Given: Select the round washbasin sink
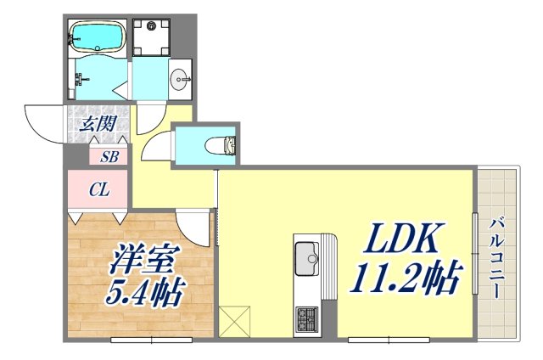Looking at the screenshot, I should click(x=180, y=82).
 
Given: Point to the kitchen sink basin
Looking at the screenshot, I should click(x=307, y=256).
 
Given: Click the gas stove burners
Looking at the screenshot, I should click(x=306, y=320).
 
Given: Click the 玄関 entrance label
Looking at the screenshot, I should click(x=98, y=124).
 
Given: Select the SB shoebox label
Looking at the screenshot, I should click(x=109, y=156).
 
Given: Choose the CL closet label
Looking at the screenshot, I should click(x=98, y=190).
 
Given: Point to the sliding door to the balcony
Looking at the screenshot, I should click(x=473, y=255).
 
